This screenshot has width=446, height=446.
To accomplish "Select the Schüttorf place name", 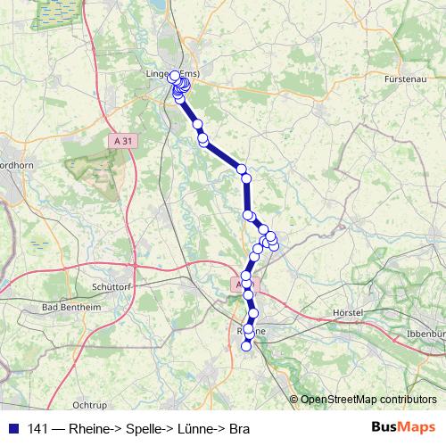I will click(x=112, y=287).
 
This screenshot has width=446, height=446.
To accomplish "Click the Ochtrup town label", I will click(x=89, y=404).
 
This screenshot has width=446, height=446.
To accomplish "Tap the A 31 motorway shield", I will click(x=126, y=140).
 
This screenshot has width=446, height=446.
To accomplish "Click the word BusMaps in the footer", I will click(x=403, y=428).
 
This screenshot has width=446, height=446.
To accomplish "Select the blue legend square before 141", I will click(x=12, y=429).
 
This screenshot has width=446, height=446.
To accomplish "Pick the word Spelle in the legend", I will click(x=144, y=429).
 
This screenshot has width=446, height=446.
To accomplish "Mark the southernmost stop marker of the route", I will click(x=247, y=347).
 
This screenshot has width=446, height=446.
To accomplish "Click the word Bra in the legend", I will click(x=239, y=429).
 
